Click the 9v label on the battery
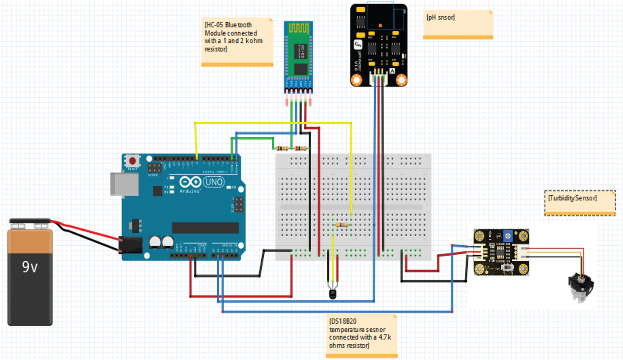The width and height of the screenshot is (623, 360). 30,266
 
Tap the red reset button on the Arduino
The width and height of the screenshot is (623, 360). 132,160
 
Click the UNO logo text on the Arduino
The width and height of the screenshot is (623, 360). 214,182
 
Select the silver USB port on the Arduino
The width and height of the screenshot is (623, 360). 124,184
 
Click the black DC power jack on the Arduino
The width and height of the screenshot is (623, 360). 131,245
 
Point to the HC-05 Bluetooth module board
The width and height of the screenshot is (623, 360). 298,56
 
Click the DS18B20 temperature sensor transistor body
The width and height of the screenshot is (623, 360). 333,294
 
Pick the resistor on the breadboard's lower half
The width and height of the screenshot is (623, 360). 341,225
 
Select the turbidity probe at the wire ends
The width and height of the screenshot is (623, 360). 581,287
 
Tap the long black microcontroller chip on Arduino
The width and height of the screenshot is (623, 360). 205,228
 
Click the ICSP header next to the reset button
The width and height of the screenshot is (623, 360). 155,168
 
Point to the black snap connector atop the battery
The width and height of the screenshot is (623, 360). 30,221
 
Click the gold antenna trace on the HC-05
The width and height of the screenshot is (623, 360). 298,28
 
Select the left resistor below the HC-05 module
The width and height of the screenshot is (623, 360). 282,148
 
